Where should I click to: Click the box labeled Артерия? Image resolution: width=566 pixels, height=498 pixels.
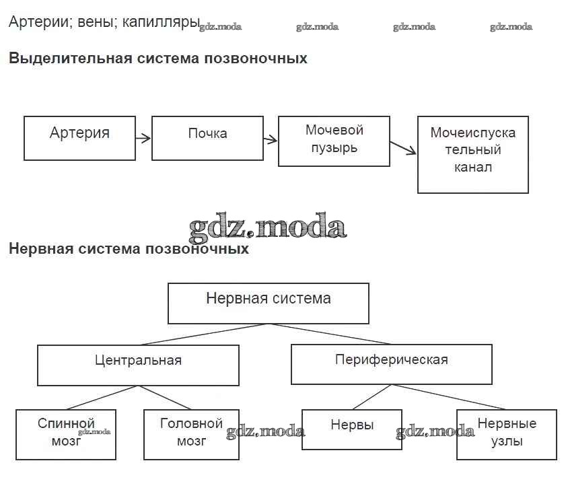pos(79,138)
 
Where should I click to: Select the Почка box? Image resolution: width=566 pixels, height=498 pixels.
pos(207,138)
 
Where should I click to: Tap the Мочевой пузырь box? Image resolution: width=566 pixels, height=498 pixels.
pos(334,141)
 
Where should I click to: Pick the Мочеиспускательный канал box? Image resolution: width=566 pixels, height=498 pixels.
pos(472,155)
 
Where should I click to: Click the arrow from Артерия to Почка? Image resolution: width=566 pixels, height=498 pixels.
pos(143,139)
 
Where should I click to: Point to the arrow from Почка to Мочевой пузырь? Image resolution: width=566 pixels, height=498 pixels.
pos(270,140)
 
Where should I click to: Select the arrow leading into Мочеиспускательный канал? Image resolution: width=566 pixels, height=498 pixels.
pos(403,147)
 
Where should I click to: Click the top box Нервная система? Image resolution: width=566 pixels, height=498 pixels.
pos(268,303)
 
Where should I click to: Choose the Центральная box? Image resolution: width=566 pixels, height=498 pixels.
pos(138,365)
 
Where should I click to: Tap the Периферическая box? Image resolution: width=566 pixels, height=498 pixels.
pos(391,364)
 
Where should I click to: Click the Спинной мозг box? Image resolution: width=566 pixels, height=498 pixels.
pos(66,434)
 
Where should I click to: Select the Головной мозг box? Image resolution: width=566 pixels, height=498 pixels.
pos(191,434)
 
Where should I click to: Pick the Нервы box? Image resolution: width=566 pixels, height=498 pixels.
pos(352,429)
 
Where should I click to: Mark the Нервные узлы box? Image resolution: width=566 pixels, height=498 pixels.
pos(506,434)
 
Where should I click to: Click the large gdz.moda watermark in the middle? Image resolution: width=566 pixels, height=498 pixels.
pos(267,227)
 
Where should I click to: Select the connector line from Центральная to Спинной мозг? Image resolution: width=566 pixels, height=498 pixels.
pos(102,398)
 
